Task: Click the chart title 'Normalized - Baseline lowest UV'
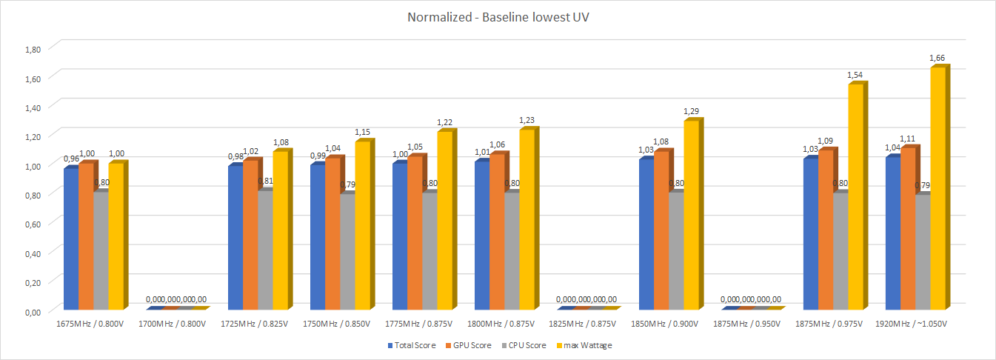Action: click(x=498, y=17)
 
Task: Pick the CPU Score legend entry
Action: click(x=527, y=345)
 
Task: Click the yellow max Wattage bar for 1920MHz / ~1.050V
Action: click(x=937, y=189)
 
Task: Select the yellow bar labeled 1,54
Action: click(x=855, y=197)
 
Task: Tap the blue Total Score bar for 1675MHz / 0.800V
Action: click(x=70, y=239)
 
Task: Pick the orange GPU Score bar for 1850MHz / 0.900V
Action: click(x=661, y=230)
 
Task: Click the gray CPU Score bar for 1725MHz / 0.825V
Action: click(x=264, y=250)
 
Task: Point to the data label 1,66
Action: click(x=936, y=58)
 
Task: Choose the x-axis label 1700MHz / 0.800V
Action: click(x=176, y=324)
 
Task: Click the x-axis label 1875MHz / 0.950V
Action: click(x=751, y=324)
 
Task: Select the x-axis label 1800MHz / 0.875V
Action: click(x=504, y=324)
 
